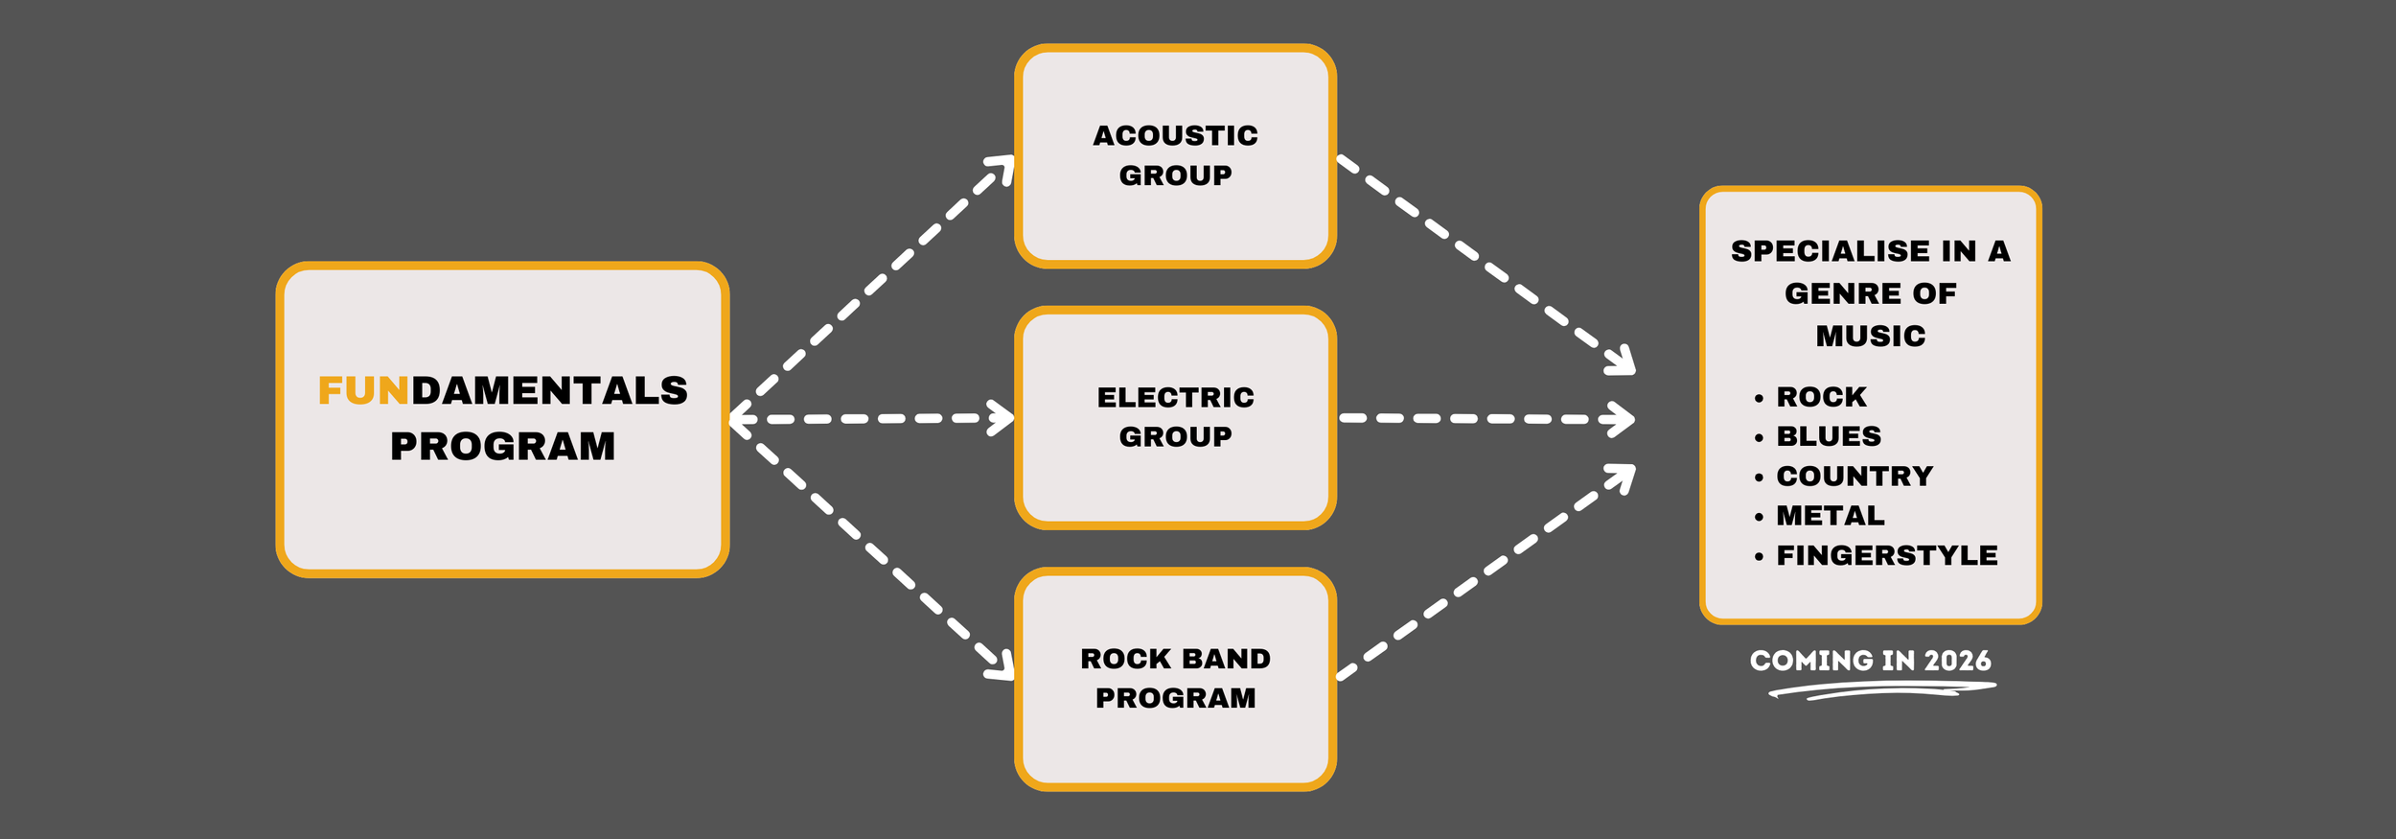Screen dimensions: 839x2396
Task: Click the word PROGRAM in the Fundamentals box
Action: (x=502, y=447)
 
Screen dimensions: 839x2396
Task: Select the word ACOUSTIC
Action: (x=1175, y=136)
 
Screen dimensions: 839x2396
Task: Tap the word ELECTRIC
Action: (x=1175, y=397)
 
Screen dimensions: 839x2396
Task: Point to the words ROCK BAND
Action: (x=1175, y=659)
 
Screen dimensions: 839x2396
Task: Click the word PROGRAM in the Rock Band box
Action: (x=1175, y=698)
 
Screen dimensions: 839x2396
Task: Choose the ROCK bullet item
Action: (x=1821, y=397)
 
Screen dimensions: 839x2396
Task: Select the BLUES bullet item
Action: (x=1829, y=436)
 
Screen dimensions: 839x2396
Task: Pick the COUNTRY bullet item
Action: (x=1855, y=477)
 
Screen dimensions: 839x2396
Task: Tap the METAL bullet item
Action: (x=1831, y=516)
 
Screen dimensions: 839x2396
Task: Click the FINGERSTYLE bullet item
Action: (x=1886, y=555)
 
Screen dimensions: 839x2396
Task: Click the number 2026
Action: (x=1957, y=661)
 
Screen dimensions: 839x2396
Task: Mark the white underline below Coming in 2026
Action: (x=1880, y=689)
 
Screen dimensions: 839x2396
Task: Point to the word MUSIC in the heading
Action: (x=1870, y=337)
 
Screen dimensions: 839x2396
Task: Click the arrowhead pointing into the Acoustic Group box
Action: (x=1002, y=168)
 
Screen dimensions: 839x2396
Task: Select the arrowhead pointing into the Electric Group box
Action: (x=1002, y=418)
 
